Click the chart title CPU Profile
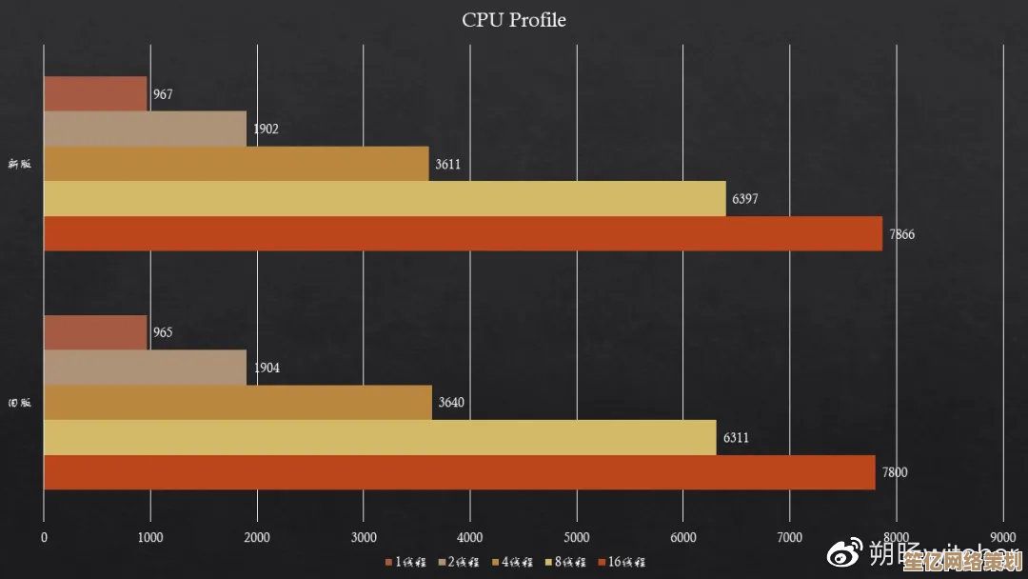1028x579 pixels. tap(514, 20)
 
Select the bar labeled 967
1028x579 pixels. tap(95, 94)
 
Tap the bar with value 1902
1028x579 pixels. tap(145, 129)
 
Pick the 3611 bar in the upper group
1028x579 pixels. tap(236, 164)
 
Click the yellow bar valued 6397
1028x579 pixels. tap(385, 199)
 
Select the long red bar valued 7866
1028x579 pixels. tap(463, 234)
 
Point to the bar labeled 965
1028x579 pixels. tap(95, 332)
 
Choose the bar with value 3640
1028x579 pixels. tap(238, 402)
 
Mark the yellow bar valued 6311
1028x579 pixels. tap(380, 437)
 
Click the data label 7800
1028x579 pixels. tap(895, 473)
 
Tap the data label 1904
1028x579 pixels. tap(266, 368)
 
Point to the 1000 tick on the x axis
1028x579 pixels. tap(150, 537)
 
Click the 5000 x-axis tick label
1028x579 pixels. tap(577, 537)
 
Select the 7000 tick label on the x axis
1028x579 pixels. tap(790, 537)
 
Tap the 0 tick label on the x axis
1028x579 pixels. tap(44, 537)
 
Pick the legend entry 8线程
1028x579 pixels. tap(567, 563)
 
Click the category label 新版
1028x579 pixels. tap(19, 164)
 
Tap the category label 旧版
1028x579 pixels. tap(19, 403)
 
